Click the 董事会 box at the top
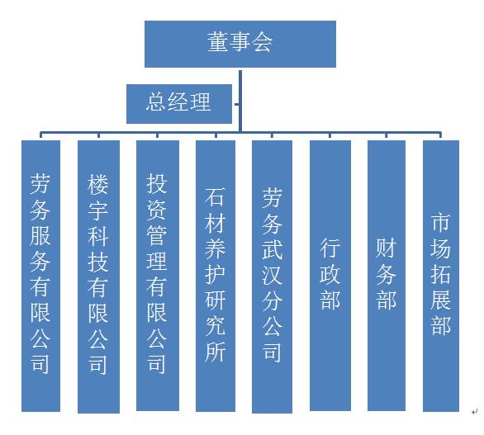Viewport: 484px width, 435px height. point(240,44)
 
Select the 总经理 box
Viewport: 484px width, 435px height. point(179,104)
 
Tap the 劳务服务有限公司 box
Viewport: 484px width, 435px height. point(40,276)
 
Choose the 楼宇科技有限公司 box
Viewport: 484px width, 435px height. point(98,277)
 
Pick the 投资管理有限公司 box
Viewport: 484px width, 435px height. point(158,276)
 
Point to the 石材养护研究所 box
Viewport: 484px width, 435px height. point(216,276)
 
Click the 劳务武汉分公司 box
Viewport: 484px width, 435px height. point(272,277)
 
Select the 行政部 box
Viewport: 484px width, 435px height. point(330,276)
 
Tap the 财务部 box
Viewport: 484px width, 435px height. point(387,276)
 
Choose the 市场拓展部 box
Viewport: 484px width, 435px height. point(441,276)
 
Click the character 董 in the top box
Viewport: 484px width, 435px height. point(218,41)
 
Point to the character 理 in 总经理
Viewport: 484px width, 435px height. point(201,102)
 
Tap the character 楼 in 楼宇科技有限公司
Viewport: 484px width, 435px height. point(97,184)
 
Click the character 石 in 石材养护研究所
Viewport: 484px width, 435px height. point(215,196)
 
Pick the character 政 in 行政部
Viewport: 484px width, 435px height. point(330,274)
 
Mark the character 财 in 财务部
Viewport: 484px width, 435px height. point(387,248)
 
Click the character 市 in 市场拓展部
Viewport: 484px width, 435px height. point(440,222)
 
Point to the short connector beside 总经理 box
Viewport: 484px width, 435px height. point(236,104)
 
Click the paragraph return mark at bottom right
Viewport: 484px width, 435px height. point(475,411)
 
